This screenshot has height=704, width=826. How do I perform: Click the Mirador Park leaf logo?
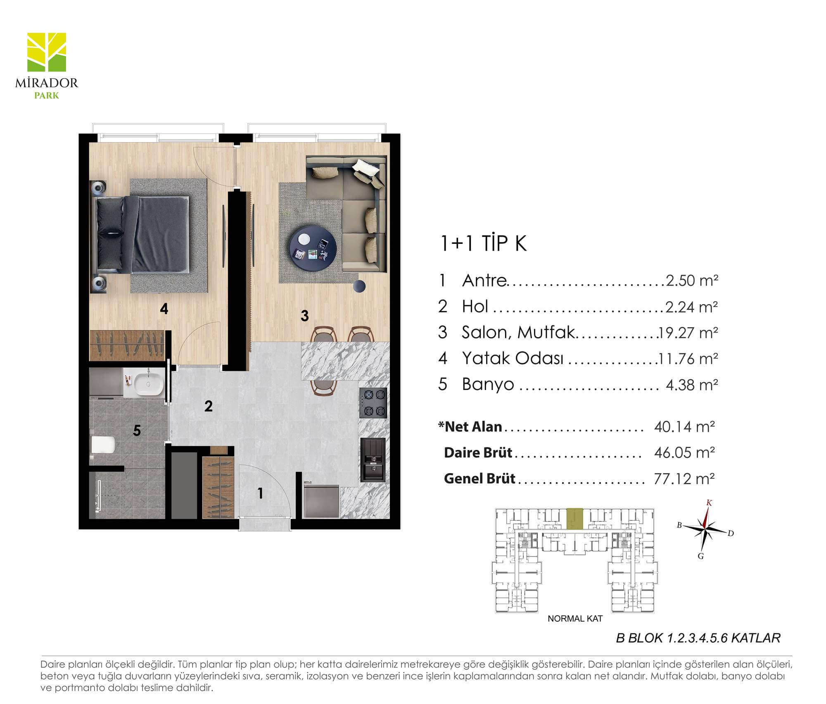[47, 52]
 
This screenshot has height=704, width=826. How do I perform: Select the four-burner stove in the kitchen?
[373, 403]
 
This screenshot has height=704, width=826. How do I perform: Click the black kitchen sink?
[373, 460]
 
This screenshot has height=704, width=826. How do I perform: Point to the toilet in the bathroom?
[102, 445]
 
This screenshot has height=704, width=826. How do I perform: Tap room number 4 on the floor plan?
[164, 309]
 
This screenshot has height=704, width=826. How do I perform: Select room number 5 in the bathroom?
[137, 430]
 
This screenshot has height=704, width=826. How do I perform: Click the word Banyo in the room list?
[488, 384]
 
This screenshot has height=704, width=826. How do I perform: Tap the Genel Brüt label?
[479, 478]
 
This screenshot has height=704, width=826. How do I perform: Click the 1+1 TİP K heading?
[483, 243]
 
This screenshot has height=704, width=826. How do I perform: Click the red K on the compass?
[709, 503]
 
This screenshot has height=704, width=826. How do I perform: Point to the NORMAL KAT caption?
[575, 618]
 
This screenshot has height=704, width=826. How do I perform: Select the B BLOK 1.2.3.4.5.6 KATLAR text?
[698, 638]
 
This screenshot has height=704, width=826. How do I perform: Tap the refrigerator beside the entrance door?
[320, 501]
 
